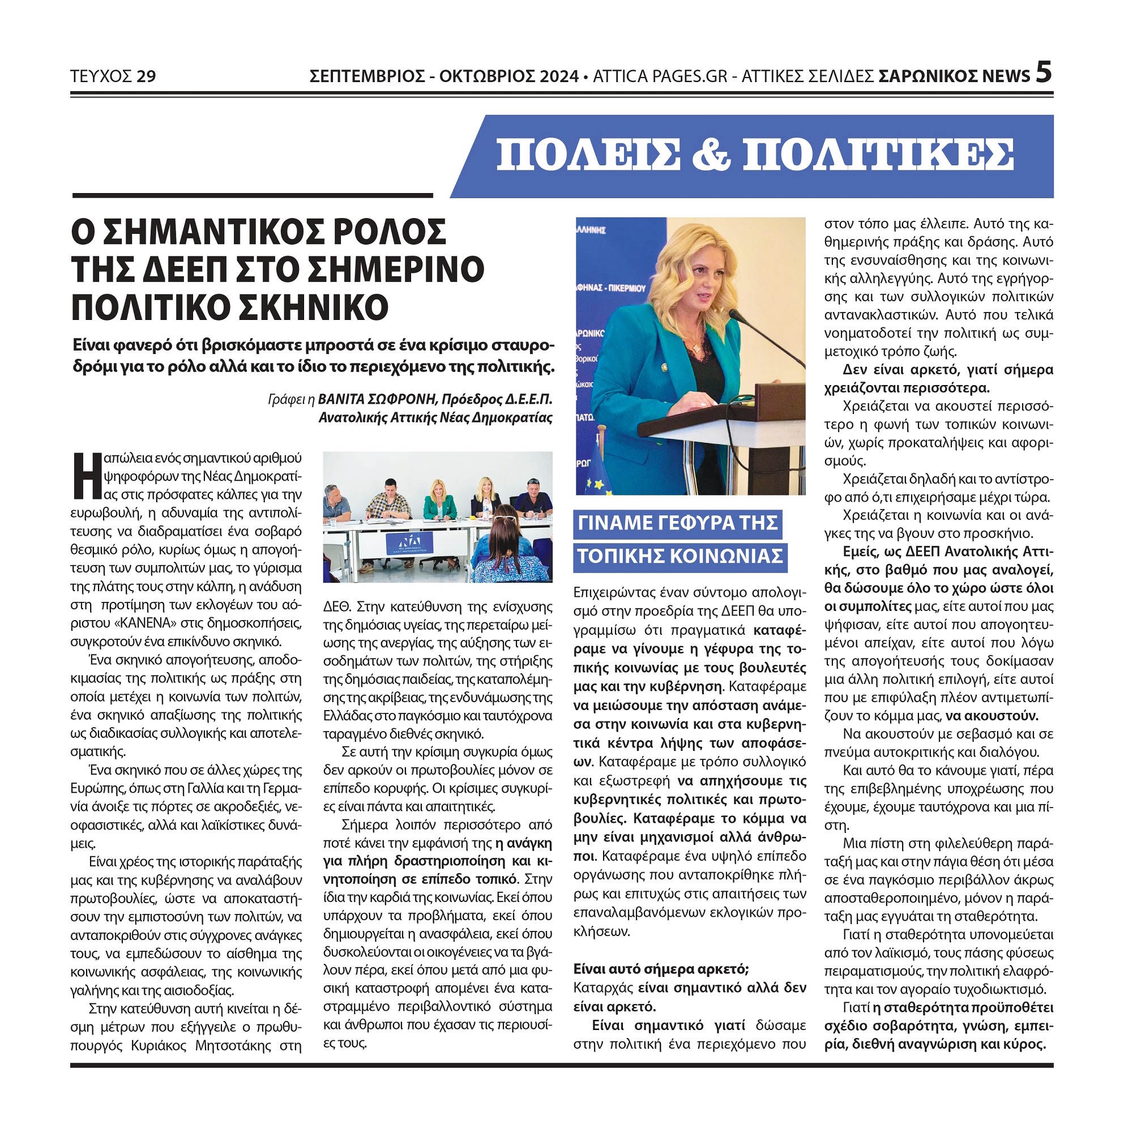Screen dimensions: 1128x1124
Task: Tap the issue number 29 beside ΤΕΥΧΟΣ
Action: [146, 76]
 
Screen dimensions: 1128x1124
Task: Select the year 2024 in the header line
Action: [559, 76]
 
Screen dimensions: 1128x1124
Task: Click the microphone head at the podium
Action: [733, 316]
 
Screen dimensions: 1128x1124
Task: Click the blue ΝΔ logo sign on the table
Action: [408, 543]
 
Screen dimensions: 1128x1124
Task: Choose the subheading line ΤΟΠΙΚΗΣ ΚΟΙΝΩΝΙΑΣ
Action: [679, 556]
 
